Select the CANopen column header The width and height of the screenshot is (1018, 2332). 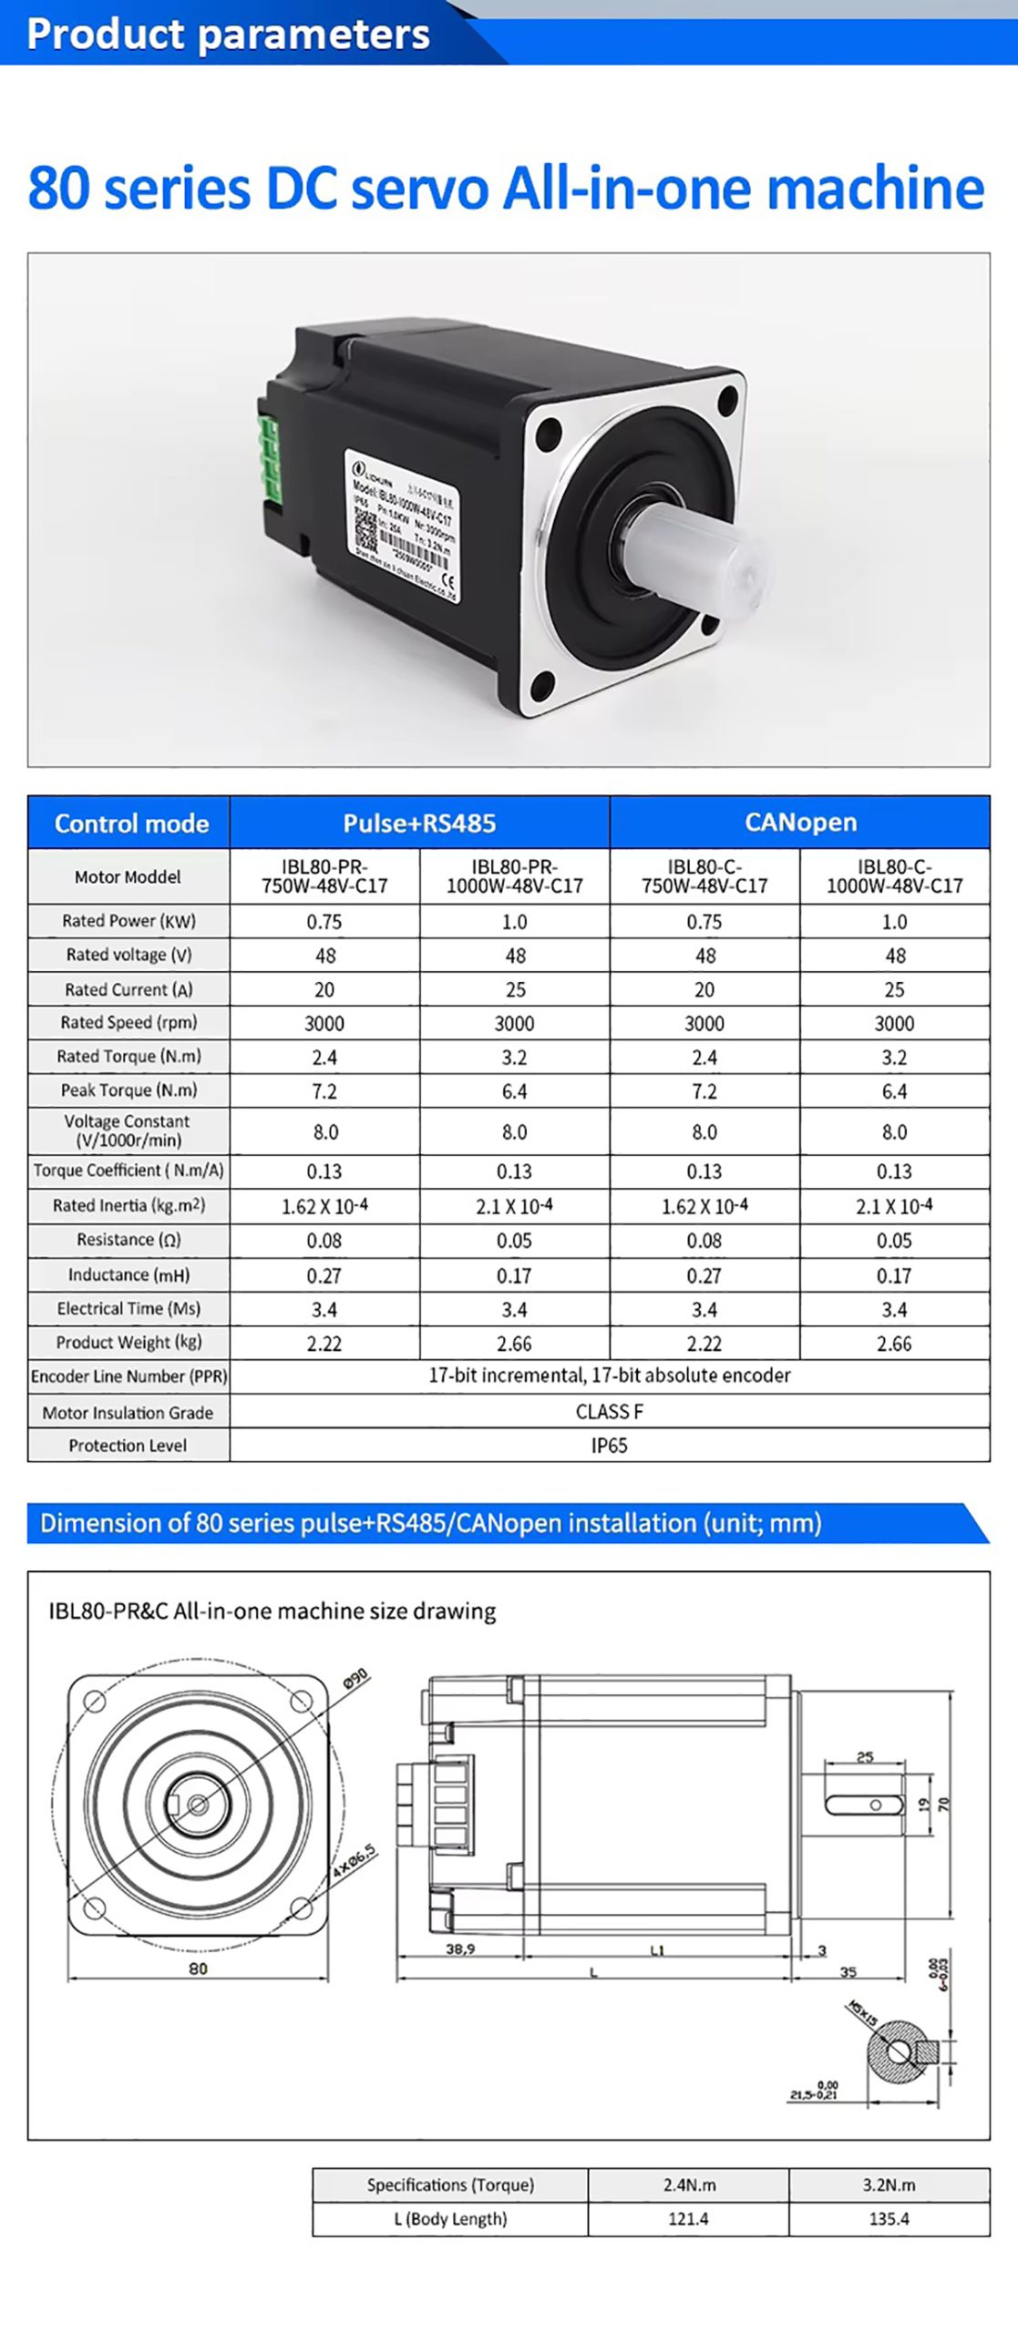coord(800,823)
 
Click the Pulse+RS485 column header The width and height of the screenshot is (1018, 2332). coord(419,823)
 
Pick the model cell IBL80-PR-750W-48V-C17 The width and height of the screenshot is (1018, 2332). coord(324,876)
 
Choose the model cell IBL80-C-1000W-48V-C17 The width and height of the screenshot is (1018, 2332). coord(894,876)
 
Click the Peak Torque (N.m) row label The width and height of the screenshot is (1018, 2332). coord(129,1090)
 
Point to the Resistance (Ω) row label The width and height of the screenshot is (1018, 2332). coord(129,1240)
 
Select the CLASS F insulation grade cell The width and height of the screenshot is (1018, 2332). coord(609,1412)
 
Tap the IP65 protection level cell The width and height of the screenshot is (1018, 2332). coord(609,1446)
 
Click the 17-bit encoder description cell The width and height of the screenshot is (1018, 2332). coord(609,1376)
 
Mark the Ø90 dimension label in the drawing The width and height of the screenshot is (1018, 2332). coord(355,1678)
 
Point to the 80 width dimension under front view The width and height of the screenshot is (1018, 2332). coord(198,1969)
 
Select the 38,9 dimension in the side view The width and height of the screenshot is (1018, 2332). coord(460,1950)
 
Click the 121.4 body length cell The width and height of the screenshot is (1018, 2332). coord(688,2219)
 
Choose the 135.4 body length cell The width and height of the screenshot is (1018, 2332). coord(889,2219)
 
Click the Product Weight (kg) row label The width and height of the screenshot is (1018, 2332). coord(129,1343)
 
